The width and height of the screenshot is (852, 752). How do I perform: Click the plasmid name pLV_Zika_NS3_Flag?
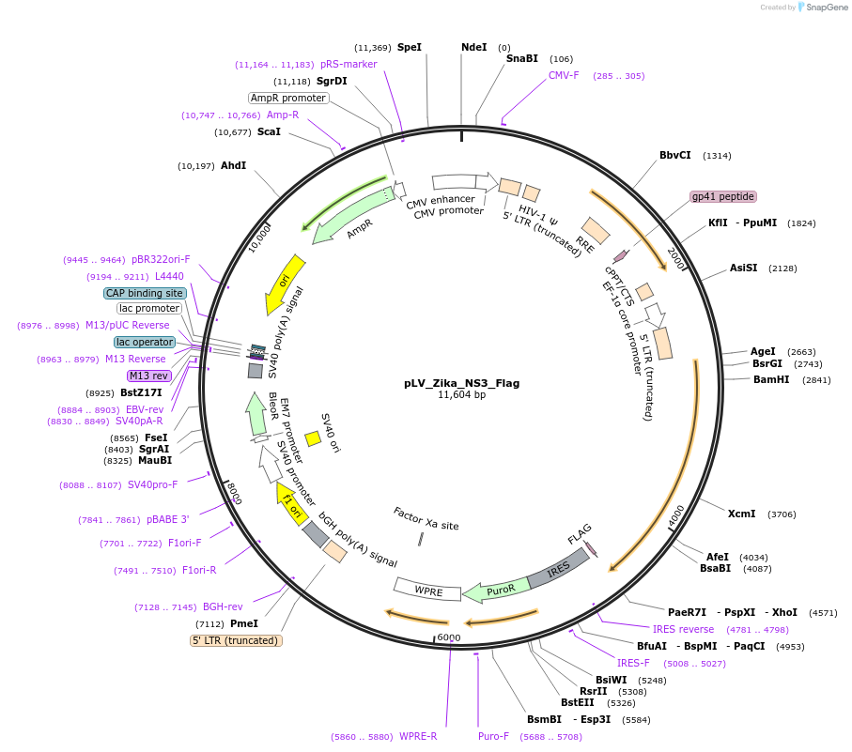[x=461, y=383]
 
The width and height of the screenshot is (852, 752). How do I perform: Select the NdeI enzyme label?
[x=473, y=47]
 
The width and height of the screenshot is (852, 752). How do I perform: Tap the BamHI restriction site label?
[x=771, y=379]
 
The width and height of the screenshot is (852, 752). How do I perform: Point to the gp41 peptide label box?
[x=722, y=196]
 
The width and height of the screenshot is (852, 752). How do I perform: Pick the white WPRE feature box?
[x=427, y=591]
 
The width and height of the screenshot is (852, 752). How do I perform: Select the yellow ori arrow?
[x=284, y=284]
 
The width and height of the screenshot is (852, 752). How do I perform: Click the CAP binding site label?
[x=145, y=293]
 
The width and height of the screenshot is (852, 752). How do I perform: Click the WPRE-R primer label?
[x=418, y=736]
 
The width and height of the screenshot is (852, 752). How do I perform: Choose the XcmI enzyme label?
[x=741, y=514]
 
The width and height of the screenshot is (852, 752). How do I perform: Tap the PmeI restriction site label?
[x=243, y=623]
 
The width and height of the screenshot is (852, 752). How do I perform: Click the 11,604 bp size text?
[x=461, y=395]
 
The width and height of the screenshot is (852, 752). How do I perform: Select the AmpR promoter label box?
[x=288, y=98]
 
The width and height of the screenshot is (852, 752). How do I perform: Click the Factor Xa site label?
[x=426, y=519]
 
